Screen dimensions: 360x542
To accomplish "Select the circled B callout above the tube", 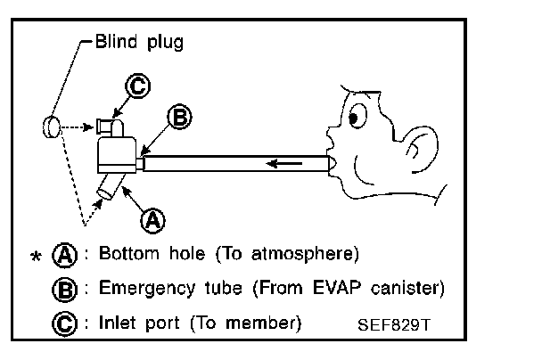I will tap(178, 117).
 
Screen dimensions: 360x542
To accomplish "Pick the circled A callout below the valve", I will tap(152, 217).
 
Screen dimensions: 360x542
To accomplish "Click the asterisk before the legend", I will tap(36, 258).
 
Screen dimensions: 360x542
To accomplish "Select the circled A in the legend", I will tap(64, 256).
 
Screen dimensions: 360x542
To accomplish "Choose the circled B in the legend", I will tap(64, 290).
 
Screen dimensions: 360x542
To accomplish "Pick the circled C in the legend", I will tap(64, 322).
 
